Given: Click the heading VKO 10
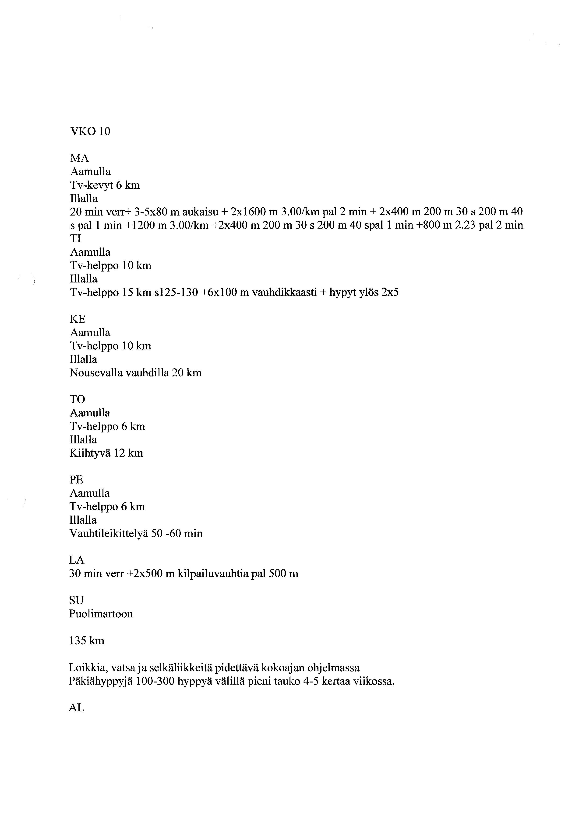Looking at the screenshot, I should point(91,132).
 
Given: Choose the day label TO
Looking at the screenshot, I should point(77,399).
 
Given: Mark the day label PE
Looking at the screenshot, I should point(76,480).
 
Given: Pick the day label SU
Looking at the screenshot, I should point(76,600).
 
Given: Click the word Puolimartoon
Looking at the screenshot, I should point(101,614).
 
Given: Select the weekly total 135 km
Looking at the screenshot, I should point(87,641).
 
